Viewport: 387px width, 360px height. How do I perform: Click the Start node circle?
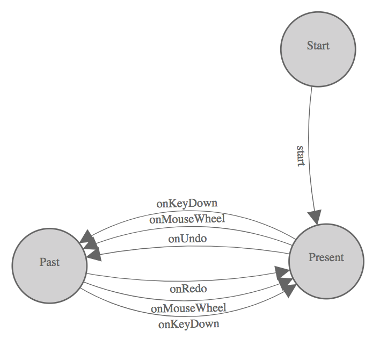[x=318, y=49]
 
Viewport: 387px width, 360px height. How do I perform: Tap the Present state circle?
[x=326, y=261]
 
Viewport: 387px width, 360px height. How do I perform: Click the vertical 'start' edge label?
[x=302, y=155]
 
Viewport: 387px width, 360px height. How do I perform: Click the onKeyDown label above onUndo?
[x=187, y=203]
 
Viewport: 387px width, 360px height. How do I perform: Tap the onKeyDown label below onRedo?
[x=189, y=324]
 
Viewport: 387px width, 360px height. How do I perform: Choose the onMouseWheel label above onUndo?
[x=187, y=219]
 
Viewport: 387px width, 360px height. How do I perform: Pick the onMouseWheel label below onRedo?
[x=188, y=308]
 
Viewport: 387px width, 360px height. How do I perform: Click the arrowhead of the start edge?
[x=316, y=218]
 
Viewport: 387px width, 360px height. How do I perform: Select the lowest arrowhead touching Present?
[x=288, y=290]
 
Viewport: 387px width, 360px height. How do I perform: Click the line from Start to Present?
[x=310, y=134]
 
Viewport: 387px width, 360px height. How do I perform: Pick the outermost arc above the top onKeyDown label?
[x=188, y=211]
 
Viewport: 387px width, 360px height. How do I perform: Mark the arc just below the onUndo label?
[x=188, y=247]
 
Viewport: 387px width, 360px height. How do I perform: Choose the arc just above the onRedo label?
[x=188, y=280]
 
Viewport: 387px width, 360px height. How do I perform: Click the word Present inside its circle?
[x=326, y=257]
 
